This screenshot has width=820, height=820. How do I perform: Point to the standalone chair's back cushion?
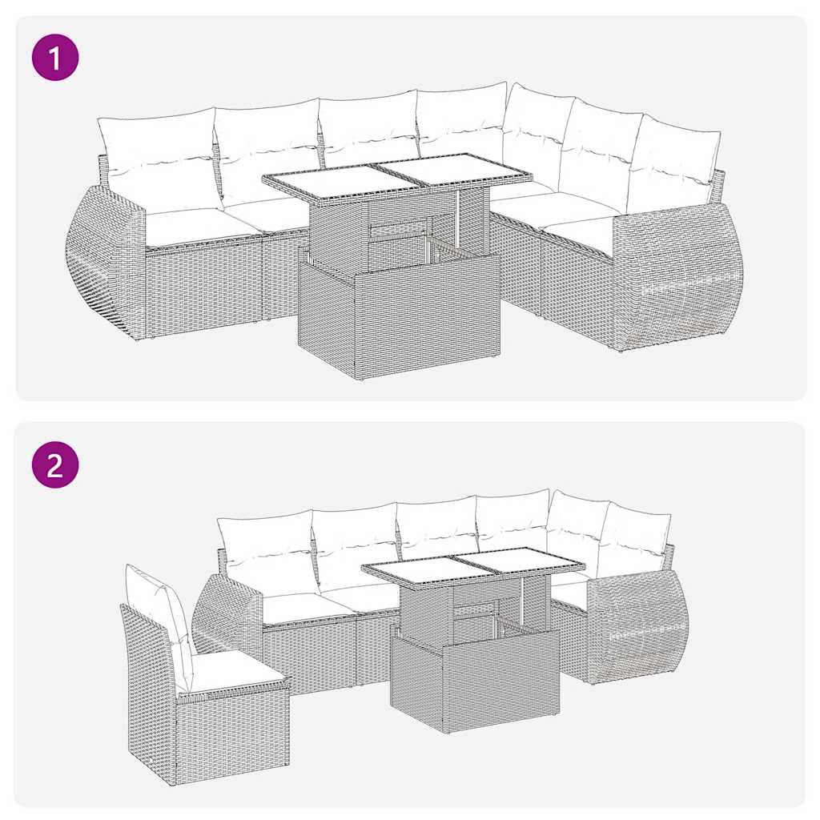[x=160, y=613]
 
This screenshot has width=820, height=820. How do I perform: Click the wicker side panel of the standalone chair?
[x=148, y=697]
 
